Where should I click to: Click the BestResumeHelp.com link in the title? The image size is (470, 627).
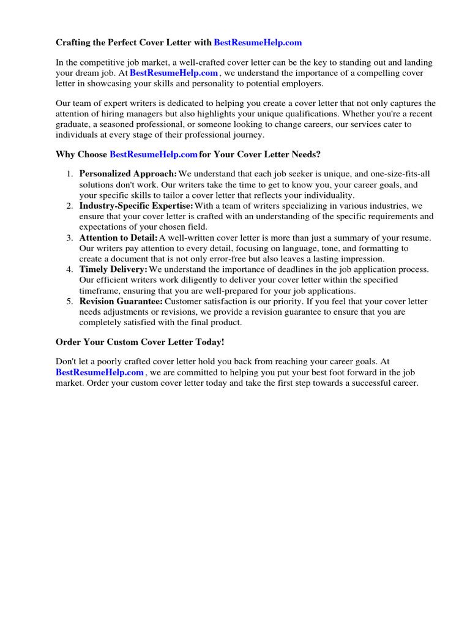click(258, 43)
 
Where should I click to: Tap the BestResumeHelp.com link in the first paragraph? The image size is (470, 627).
click(174, 73)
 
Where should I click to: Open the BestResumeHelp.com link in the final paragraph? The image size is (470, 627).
click(100, 372)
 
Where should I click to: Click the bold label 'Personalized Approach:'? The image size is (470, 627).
click(128, 174)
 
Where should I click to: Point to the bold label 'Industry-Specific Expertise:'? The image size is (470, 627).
click(136, 206)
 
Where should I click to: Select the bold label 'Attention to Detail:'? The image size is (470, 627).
click(118, 238)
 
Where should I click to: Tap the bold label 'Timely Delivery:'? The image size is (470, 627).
click(113, 269)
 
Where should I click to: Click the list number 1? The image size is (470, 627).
click(70, 174)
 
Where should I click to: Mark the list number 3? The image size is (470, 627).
click(70, 238)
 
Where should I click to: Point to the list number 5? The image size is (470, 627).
click(70, 301)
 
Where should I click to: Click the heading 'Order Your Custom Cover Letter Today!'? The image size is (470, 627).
click(144, 341)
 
